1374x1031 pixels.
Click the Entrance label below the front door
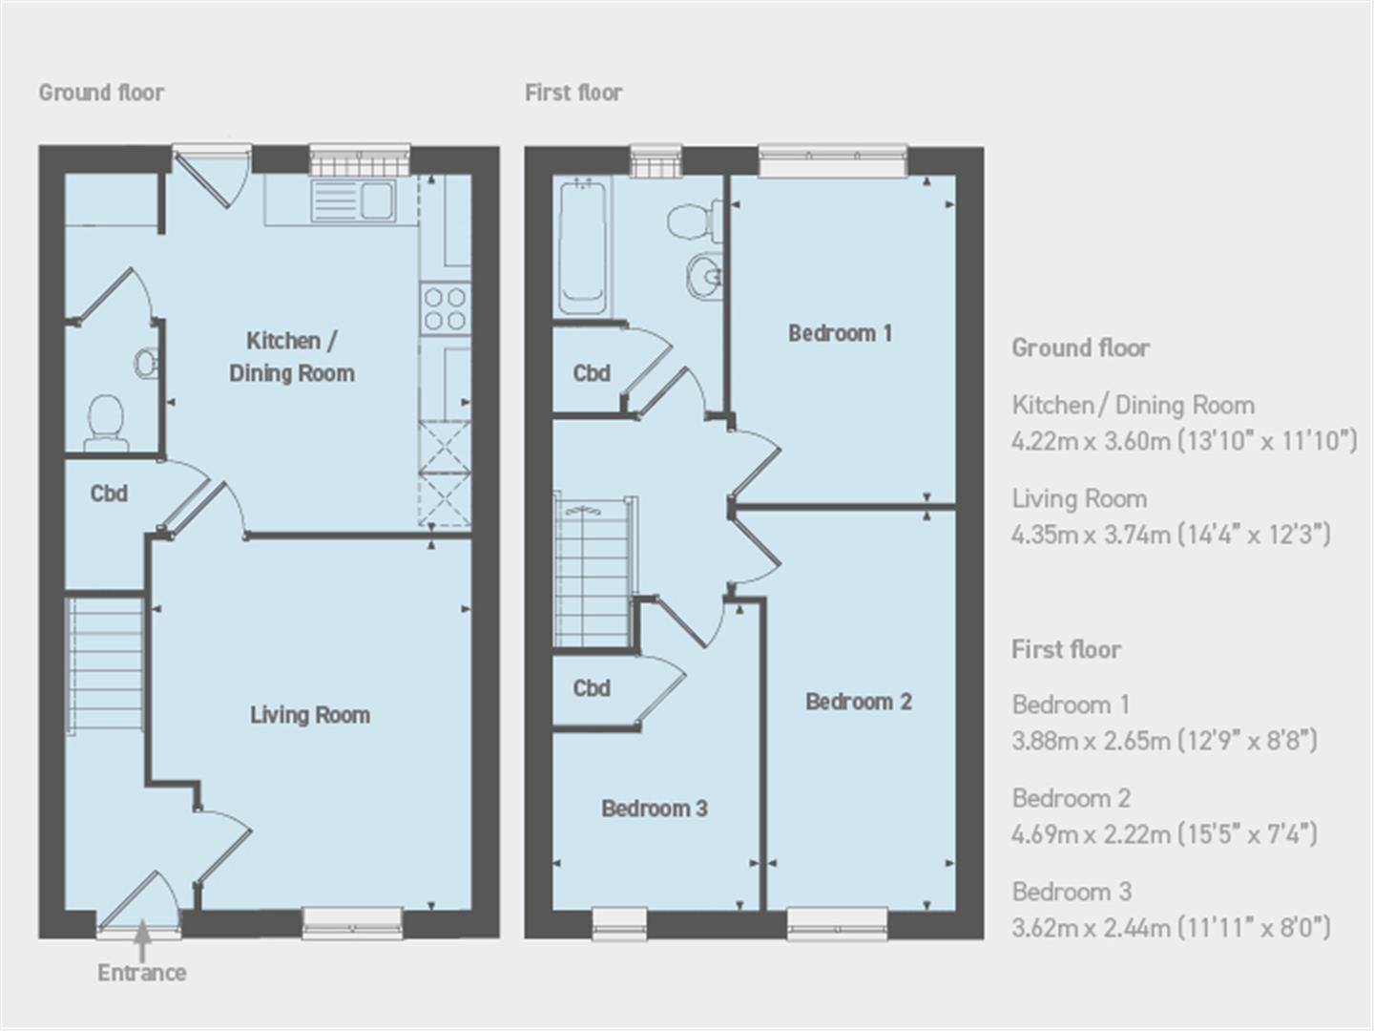pyautogui.click(x=141, y=973)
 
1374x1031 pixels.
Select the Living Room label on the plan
pyautogui.click(x=309, y=715)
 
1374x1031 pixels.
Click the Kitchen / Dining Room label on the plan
pyautogui.click(x=291, y=357)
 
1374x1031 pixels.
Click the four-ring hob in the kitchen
pyautogui.click(x=445, y=308)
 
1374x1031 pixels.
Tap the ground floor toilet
pyautogui.click(x=105, y=422)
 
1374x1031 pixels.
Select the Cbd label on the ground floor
pyautogui.click(x=109, y=494)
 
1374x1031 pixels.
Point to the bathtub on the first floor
pyautogui.click(x=582, y=247)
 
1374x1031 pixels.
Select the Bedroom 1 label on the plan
pyautogui.click(x=840, y=333)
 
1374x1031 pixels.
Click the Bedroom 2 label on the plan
pyautogui.click(x=858, y=702)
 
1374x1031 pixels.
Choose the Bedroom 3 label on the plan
pyautogui.click(x=654, y=809)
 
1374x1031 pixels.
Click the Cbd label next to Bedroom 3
pyautogui.click(x=592, y=688)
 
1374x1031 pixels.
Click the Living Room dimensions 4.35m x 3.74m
pyautogui.click(x=1170, y=534)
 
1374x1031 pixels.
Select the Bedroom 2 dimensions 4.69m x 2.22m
pyautogui.click(x=1164, y=834)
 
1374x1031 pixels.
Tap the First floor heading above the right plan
pyautogui.click(x=573, y=93)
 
